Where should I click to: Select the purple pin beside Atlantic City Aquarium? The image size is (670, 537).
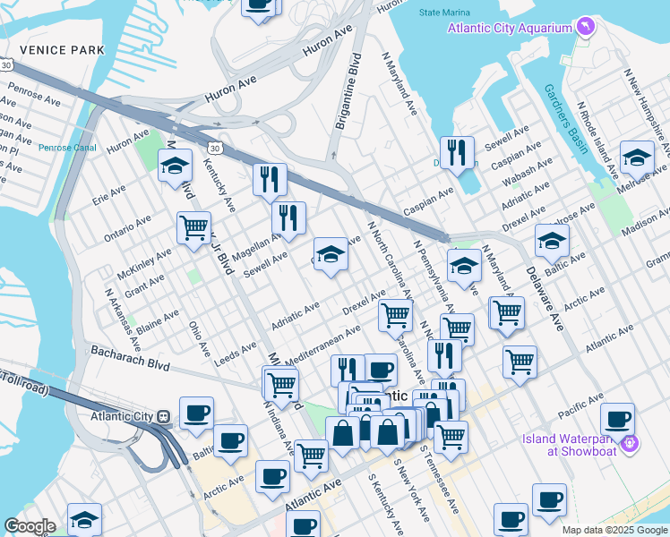point(585,29)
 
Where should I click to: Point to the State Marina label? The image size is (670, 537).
point(443,13)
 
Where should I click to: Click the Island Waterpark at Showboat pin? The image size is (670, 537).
point(630,443)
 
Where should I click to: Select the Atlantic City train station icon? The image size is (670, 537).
point(164,416)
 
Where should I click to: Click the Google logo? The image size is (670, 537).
point(30,526)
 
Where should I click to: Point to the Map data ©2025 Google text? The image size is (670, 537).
point(614,530)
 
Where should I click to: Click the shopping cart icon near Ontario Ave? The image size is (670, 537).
point(193,228)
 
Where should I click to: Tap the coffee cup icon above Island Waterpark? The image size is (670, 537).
point(617,418)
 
